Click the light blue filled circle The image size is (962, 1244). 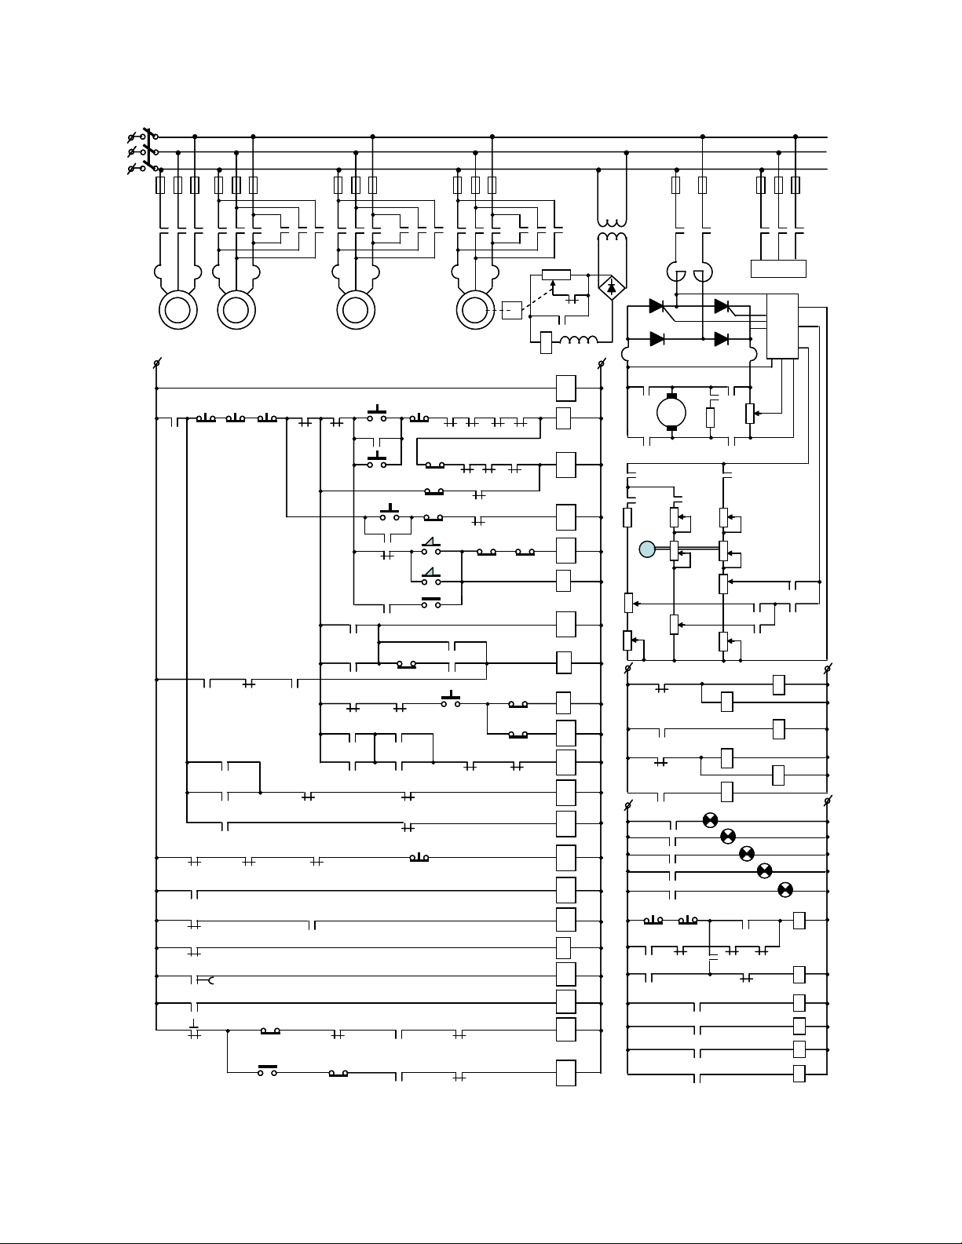pos(646,550)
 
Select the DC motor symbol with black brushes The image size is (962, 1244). pos(671,411)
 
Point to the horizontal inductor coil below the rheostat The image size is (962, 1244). pos(580,341)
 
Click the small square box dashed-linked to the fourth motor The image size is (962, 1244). pos(511,310)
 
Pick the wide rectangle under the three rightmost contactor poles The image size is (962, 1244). pos(778,268)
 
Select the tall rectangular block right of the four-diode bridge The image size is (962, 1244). pos(782,326)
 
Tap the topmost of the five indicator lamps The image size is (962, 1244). pos(709,820)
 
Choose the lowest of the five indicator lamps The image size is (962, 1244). pos(784,889)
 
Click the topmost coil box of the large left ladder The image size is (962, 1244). pos(565,388)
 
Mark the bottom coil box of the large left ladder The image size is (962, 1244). pos(565,1073)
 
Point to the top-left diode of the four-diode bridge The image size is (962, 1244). pos(657,305)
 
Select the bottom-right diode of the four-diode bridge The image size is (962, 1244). pos(722,339)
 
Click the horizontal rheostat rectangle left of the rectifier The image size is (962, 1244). pos(556,275)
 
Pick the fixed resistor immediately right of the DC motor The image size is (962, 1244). pos(710,417)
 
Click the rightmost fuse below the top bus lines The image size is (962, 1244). pos(796,185)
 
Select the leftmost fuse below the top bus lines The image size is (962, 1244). pos(161,185)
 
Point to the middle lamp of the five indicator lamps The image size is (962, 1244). pos(747,853)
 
